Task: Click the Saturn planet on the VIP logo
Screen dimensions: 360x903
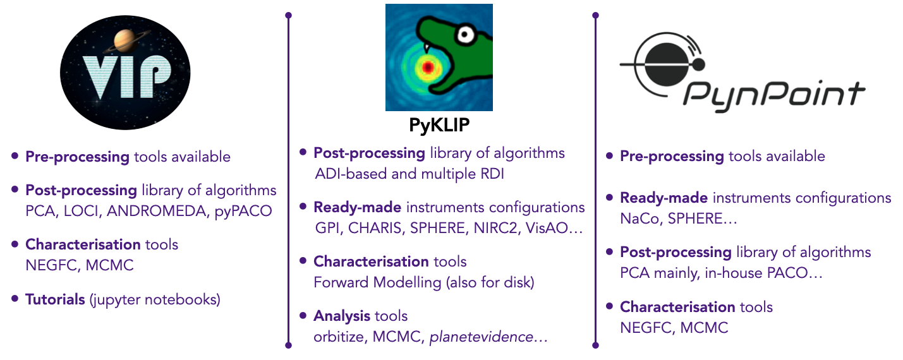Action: pyautogui.click(x=124, y=42)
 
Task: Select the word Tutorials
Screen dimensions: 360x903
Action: pyautogui.click(x=55, y=299)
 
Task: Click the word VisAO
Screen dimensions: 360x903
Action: pyautogui.click(x=548, y=228)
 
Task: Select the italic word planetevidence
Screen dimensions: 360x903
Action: pyautogui.click(x=481, y=337)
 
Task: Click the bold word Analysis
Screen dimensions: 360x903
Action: pyautogui.click(x=342, y=315)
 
